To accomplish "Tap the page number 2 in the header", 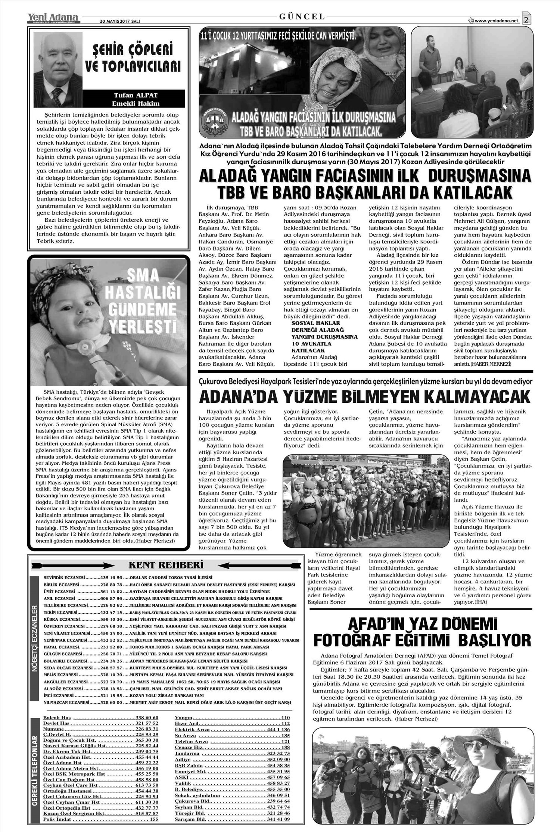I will click(526, 19).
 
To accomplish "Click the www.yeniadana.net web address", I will click(497, 21).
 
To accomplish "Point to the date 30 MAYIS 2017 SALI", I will click(120, 21).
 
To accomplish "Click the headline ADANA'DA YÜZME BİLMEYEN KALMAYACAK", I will click(365, 396).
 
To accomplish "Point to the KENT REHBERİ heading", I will click(166, 564).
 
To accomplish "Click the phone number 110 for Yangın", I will click(286, 718).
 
